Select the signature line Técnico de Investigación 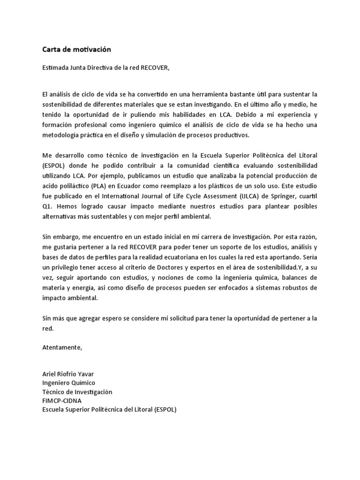(x=77, y=391)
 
